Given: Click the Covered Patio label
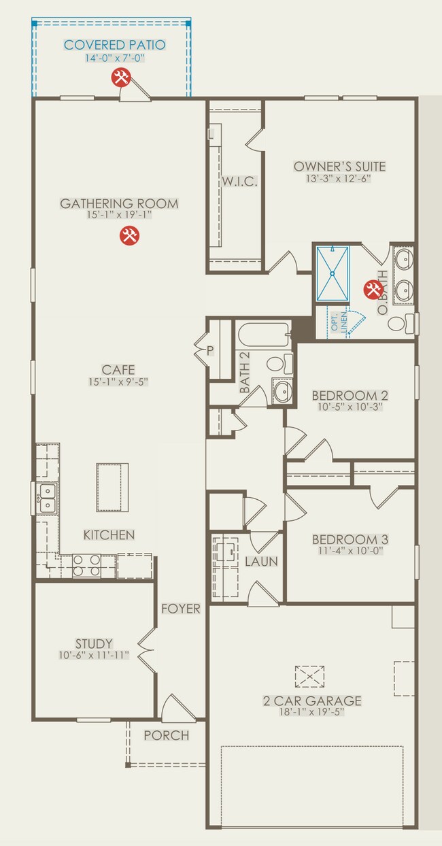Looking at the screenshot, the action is pyautogui.click(x=114, y=45).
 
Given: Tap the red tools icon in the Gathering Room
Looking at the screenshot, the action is pyautogui.click(x=129, y=235).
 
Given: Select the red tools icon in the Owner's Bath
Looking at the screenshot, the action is pyautogui.click(x=373, y=290).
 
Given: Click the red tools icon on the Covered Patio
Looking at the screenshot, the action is pyautogui.click(x=121, y=78).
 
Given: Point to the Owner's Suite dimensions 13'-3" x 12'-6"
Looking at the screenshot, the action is pyautogui.click(x=339, y=178).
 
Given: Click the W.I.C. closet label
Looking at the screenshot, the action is pyautogui.click(x=239, y=182).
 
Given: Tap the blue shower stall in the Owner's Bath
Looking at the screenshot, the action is pyautogui.click(x=333, y=273).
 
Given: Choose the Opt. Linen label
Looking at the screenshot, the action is pyautogui.click(x=339, y=322).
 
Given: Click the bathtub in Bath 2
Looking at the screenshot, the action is pyautogui.click(x=264, y=335).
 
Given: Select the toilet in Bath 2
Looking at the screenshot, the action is pyautogui.click(x=280, y=364).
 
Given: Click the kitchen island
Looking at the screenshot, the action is pyautogui.click(x=112, y=487).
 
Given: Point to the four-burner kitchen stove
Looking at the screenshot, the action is pyautogui.click(x=86, y=565).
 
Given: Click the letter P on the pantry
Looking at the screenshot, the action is pyautogui.click(x=210, y=350).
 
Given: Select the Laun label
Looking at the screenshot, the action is pyautogui.click(x=261, y=562).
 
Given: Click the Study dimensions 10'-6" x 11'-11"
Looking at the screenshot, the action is pyautogui.click(x=94, y=656).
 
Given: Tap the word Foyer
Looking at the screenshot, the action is pyautogui.click(x=181, y=609).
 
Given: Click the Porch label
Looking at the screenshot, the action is pyautogui.click(x=166, y=735).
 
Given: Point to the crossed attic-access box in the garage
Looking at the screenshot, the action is pyautogui.click(x=309, y=677).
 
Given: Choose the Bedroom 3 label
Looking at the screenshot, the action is pyautogui.click(x=350, y=539).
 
